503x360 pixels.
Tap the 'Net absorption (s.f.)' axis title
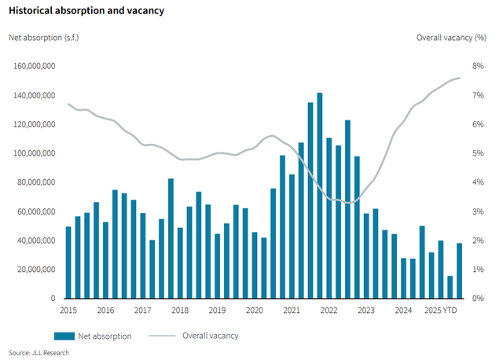pos(44,38)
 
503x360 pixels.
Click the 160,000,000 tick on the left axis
pos(34,66)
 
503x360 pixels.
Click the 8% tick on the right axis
pos(477,66)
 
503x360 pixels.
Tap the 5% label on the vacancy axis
pos(477,153)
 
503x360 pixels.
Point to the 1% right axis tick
pos(477,270)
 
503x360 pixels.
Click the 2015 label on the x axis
pos(68,310)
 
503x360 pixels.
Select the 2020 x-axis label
pos(255,310)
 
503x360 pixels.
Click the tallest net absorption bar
pos(320,196)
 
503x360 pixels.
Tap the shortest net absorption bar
pos(450,287)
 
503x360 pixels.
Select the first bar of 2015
pos(68,263)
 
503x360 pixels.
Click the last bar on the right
pos(460,271)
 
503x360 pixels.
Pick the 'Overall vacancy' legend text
pos(210,336)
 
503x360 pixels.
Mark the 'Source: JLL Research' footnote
pos(39,353)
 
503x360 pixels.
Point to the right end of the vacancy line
pos(460,77)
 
